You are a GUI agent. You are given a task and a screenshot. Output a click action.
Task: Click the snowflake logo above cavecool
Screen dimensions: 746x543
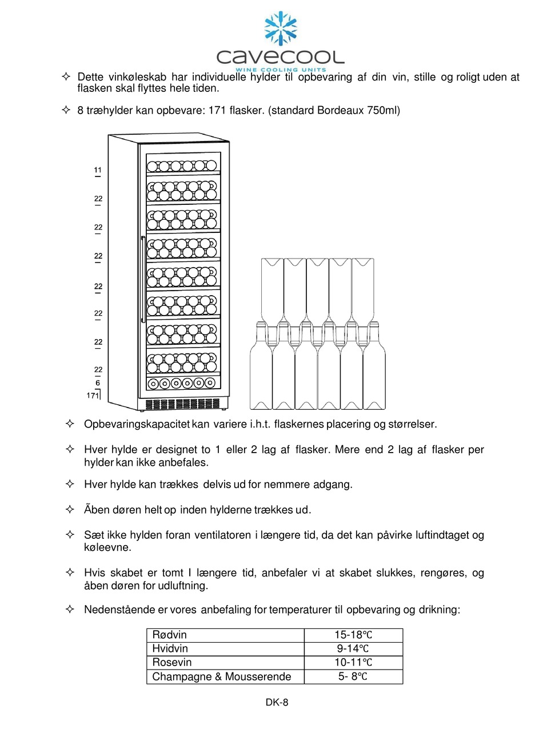pos(280,29)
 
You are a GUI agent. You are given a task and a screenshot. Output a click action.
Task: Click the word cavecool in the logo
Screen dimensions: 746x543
pos(280,57)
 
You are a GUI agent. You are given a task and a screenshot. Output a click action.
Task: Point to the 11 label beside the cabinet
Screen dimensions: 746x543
pos(98,170)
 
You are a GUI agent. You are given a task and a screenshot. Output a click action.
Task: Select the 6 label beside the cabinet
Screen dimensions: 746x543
pos(98,383)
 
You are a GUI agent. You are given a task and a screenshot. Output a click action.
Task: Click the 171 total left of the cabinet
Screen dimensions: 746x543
pos(93,395)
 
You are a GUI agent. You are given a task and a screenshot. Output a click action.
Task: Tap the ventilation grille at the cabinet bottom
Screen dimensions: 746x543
pos(183,404)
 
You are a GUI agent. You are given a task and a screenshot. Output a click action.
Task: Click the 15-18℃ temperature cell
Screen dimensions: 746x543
pos(353,635)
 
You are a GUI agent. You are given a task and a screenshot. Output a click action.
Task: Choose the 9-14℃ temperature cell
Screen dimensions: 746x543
pos(353,648)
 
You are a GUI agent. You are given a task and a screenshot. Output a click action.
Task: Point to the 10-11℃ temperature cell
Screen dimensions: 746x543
pos(353,663)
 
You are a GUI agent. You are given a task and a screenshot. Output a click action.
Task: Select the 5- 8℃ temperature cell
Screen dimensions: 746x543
pos(353,677)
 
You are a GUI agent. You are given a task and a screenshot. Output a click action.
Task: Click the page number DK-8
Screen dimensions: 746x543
pos(277,703)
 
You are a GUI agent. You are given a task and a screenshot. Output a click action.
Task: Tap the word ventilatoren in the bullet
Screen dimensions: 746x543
pos(223,535)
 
